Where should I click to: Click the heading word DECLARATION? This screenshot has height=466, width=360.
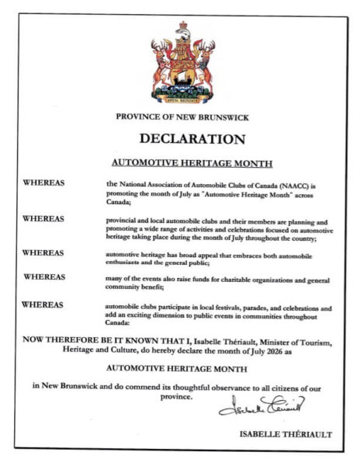pos(181,140)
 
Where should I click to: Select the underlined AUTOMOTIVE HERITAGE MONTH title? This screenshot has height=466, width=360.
pos(181,164)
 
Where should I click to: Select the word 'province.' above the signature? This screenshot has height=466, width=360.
pos(181,396)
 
